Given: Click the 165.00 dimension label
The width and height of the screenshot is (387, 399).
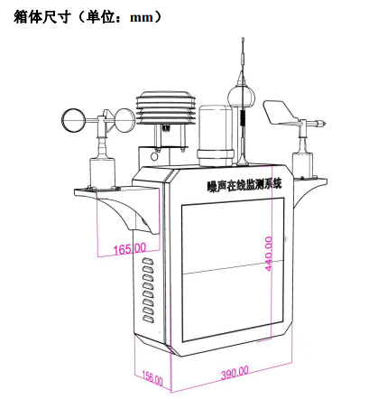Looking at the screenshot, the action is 130,248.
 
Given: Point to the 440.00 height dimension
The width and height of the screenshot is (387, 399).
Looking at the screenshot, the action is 269,254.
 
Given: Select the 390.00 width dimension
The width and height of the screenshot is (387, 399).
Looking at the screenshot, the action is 235,373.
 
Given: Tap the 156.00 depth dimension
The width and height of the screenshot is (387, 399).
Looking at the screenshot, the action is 152,377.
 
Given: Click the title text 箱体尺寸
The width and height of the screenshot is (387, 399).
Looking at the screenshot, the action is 42,17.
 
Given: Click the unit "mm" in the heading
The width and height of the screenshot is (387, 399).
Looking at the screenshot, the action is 142,17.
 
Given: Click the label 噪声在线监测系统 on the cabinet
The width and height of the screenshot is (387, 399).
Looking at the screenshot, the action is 244,184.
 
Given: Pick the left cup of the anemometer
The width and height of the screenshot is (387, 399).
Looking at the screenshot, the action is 74,120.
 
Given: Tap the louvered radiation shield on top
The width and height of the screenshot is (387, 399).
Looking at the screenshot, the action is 166,107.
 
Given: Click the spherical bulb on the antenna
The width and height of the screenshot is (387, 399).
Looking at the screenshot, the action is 241,97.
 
